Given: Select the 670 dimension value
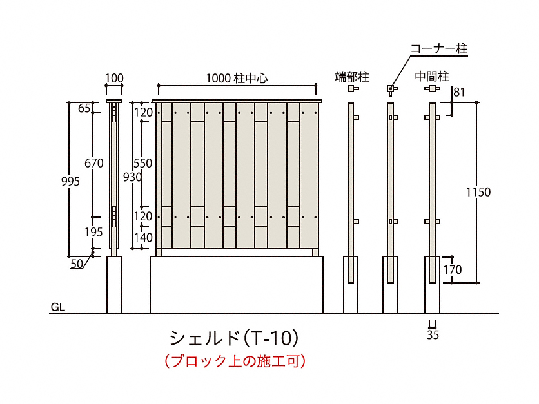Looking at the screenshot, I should point(94,164).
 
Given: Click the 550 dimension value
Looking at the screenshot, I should point(142,164).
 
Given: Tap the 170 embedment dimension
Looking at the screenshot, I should point(453,270).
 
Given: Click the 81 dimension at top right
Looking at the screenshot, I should point(459,92).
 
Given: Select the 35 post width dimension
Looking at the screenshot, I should point(433,334).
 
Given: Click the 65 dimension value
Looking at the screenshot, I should point(84,108).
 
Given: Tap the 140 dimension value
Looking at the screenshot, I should point(143,238).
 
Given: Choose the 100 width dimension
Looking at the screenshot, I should point(114,79).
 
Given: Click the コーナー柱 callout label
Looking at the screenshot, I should point(438,49).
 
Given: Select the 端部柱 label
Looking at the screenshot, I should point(352,77).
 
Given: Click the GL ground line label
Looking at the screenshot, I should point(57,308).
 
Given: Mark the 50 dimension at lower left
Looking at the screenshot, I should point(77,263).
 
